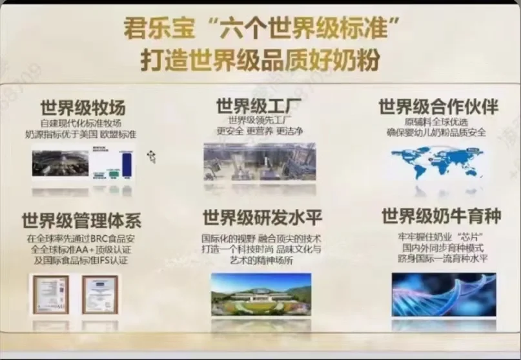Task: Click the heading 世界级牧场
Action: tap(83, 106)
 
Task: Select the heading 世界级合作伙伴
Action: tap(438, 106)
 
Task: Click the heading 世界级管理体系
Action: tap(81, 220)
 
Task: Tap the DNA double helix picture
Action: tap(444, 294)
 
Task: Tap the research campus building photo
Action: tap(261, 294)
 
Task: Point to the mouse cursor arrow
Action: tap(152, 156)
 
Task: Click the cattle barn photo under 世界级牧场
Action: tap(60, 163)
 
